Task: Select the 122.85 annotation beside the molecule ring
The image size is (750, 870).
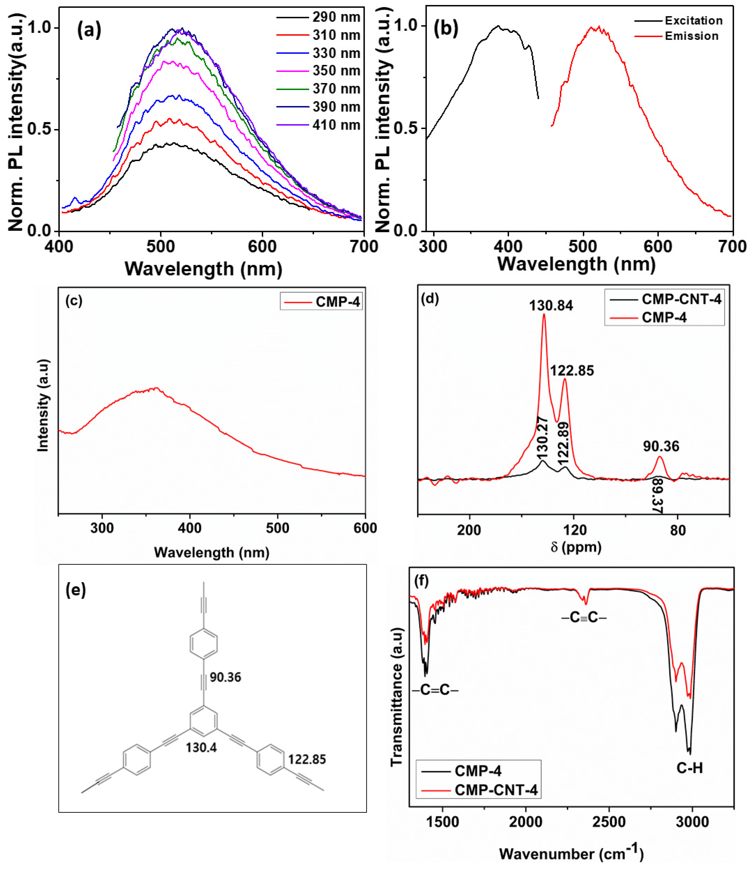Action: [307, 759]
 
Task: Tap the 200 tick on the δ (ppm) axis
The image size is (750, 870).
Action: [469, 530]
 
